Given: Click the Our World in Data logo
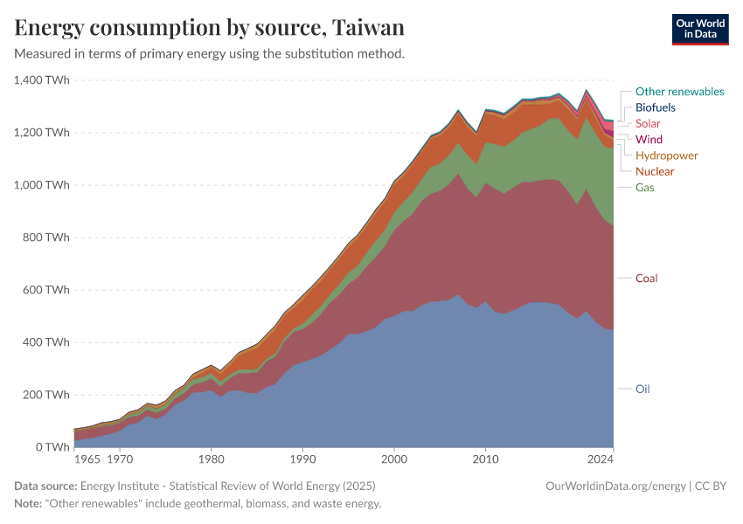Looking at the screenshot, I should tap(699, 29).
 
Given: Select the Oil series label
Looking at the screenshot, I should tap(642, 389).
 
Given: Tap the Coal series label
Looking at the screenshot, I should tap(647, 279).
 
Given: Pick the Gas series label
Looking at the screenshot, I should tap(645, 188).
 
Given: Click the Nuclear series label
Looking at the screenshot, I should tap(655, 172).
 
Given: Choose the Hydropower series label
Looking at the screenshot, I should tap(666, 155).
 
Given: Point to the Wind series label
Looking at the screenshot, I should tap(649, 140).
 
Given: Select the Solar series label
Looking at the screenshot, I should tap(648, 124).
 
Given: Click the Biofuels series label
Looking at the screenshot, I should tap(655, 107).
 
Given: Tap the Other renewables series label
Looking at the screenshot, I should tap(679, 92).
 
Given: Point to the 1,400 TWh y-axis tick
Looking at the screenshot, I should tap(41, 80).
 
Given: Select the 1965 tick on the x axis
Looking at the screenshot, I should tap(87, 458).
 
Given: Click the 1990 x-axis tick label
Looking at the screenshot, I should tap(302, 458).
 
